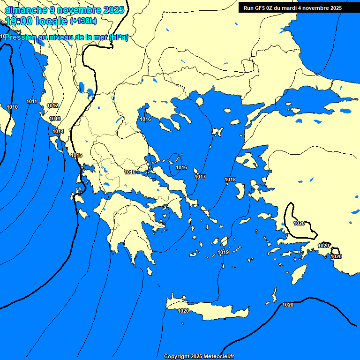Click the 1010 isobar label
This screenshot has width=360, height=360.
12,107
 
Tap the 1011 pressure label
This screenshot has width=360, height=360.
32,102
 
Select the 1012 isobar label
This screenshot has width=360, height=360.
52,106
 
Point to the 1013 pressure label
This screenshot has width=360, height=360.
55,119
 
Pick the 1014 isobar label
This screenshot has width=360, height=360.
58,132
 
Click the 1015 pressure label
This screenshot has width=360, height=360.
76,155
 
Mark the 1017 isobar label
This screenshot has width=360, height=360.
200,177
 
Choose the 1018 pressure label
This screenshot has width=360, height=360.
230,180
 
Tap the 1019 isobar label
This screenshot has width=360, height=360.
223,253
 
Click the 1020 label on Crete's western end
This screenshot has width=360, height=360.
183,311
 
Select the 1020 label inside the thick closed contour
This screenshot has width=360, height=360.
299,223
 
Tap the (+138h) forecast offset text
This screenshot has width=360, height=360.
83,21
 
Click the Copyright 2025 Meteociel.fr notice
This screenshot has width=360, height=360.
199,357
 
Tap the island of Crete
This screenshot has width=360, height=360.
211,310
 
